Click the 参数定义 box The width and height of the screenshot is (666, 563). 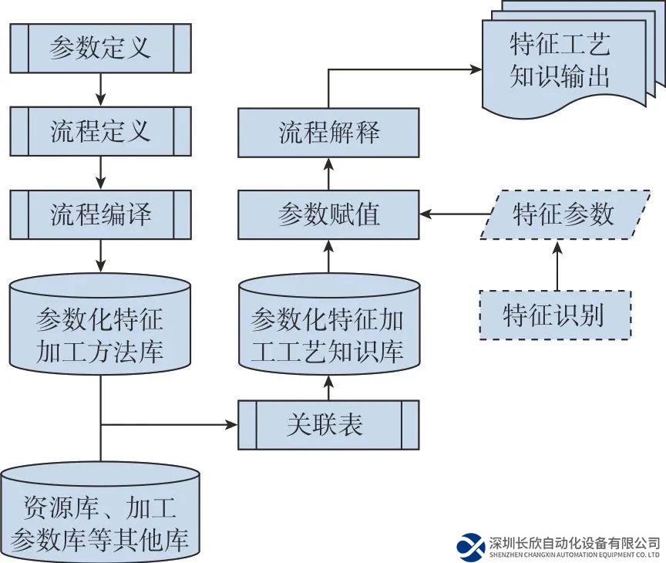(x=100, y=48)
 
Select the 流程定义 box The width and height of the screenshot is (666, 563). (x=100, y=131)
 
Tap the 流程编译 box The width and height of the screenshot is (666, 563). (x=100, y=214)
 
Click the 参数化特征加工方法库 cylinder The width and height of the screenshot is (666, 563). (x=100, y=328)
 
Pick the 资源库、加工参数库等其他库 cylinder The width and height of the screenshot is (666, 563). (x=100, y=513)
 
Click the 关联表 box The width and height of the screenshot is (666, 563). (x=328, y=424)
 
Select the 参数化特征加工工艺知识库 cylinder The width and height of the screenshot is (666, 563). (x=328, y=328)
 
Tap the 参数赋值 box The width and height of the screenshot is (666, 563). (x=328, y=214)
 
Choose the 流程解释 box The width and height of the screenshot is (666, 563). (x=328, y=132)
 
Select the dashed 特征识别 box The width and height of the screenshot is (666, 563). (x=554, y=315)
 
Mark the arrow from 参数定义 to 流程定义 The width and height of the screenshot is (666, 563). (x=101, y=89)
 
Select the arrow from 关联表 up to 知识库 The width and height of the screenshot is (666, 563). (x=328, y=386)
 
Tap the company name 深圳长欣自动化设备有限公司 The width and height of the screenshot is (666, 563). (x=574, y=542)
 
